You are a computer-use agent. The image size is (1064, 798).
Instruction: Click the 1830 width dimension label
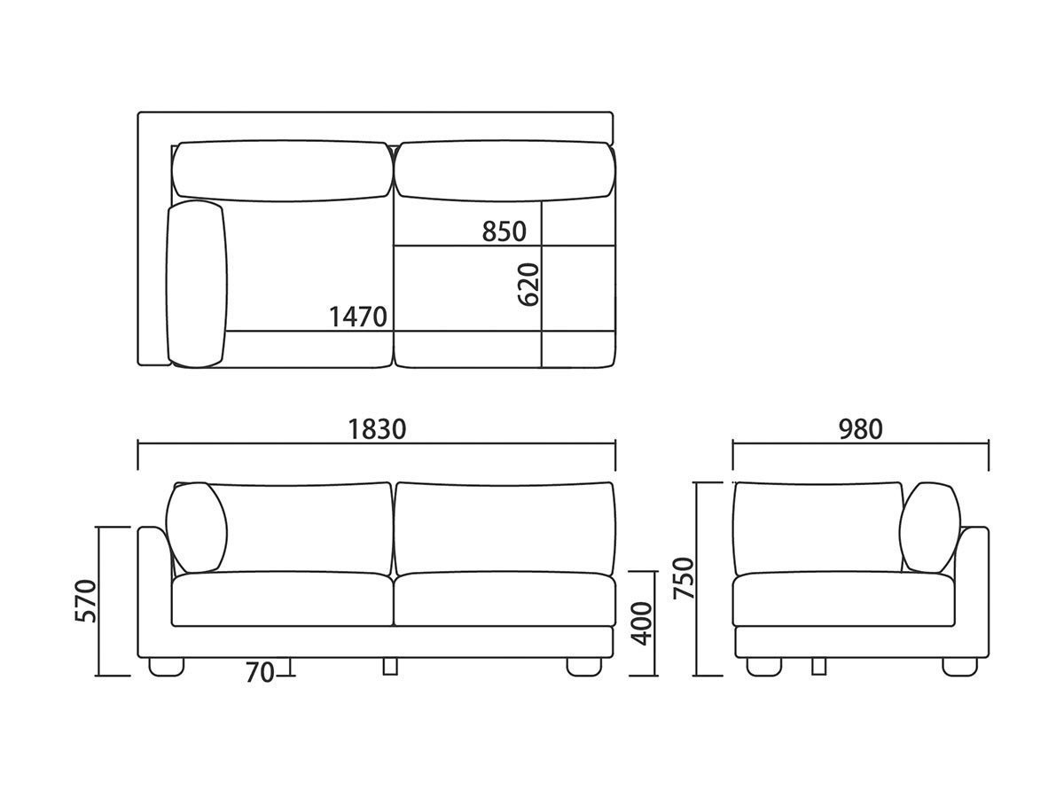point(377,429)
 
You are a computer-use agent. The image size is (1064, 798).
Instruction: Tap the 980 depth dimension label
point(860,429)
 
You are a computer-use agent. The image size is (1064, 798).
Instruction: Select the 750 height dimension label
point(684,578)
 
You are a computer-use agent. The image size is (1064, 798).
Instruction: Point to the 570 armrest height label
point(86,601)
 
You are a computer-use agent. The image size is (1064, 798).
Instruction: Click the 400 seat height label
point(643,623)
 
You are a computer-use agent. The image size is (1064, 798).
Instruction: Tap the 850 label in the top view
point(505,231)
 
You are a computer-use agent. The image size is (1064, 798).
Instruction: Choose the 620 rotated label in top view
point(528,285)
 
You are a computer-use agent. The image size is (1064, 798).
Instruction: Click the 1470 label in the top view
point(358,317)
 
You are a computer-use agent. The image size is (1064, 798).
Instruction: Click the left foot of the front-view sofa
point(167,667)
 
